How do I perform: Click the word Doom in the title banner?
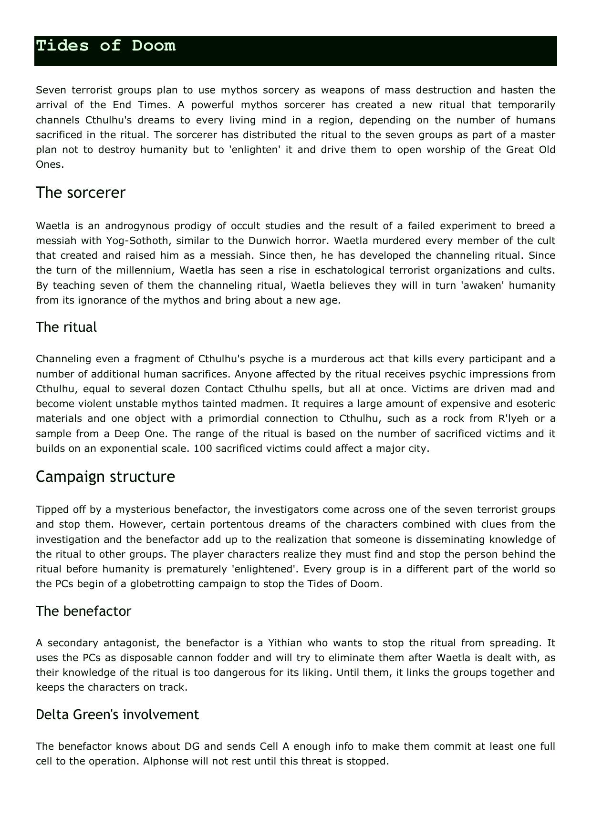point(154,46)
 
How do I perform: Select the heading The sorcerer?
point(81,193)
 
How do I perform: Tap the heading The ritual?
point(66,327)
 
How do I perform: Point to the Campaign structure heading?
point(105,477)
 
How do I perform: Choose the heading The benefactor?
point(83,612)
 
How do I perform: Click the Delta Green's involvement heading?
point(117,715)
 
